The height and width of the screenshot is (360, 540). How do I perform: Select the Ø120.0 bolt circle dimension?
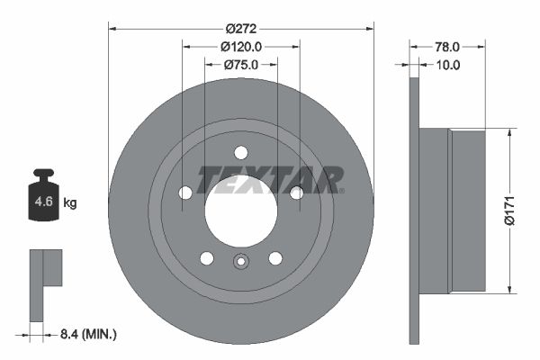(240, 46)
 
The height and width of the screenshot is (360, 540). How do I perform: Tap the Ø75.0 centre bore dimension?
(240, 64)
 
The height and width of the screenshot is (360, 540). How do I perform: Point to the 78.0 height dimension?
(448, 46)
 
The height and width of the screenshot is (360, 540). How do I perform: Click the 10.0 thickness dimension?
(448, 64)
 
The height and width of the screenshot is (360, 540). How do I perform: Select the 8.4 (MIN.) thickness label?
(86, 334)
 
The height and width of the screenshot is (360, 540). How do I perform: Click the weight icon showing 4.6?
(44, 199)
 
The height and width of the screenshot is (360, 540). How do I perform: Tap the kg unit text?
(70, 203)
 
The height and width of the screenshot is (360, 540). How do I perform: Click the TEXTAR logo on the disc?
(270, 179)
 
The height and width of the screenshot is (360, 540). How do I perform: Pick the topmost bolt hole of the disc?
(240, 152)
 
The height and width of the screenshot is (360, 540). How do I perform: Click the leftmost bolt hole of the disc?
(185, 193)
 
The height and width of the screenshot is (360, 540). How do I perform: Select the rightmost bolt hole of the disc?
(296, 192)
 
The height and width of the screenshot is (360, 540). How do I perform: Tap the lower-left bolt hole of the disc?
(206, 258)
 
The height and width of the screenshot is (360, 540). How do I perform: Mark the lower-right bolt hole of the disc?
(274, 258)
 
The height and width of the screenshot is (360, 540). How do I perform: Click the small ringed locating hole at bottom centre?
(240, 263)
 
